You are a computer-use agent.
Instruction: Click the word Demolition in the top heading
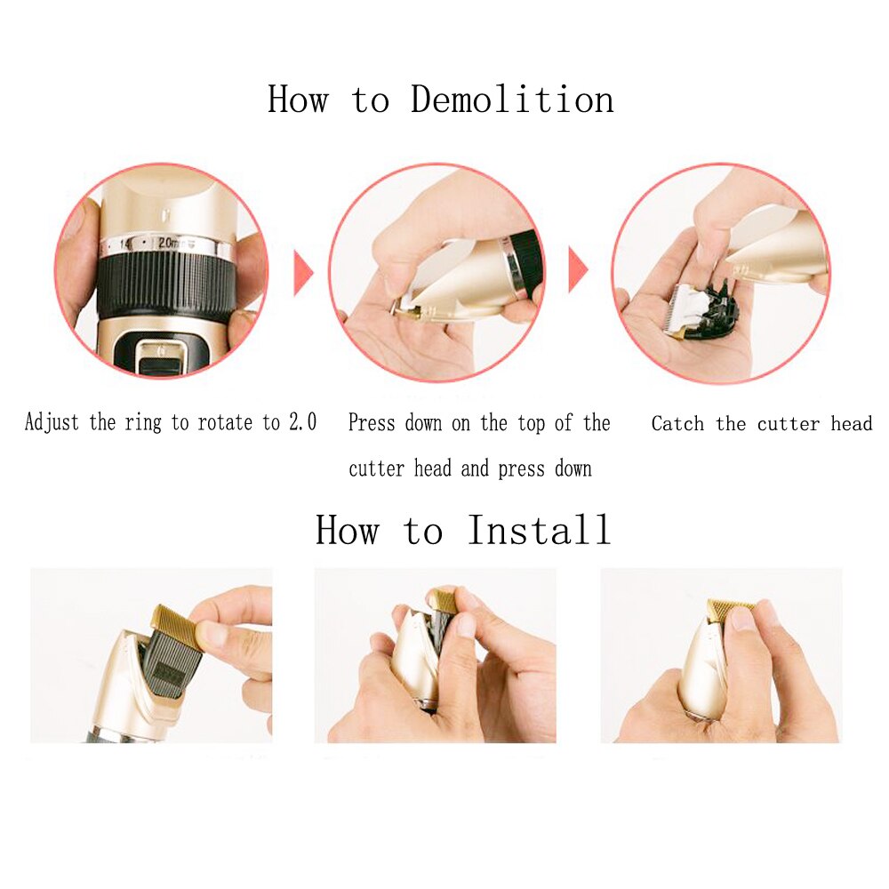512,99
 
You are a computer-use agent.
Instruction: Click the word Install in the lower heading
540,531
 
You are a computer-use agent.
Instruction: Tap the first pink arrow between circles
303,272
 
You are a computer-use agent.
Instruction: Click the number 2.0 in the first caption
302,422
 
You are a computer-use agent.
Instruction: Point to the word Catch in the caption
677,424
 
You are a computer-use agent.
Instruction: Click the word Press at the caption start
372,424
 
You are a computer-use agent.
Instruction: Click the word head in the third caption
852,424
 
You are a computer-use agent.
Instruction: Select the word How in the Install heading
347,531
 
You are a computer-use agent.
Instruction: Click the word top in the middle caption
532,424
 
